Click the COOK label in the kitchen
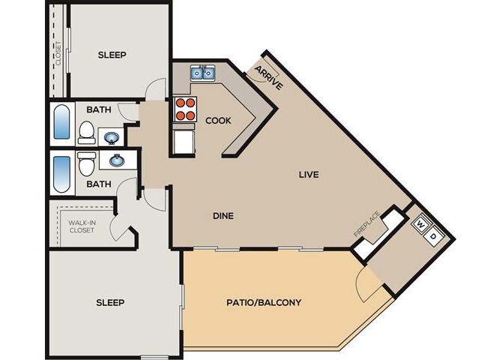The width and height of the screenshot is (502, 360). [218, 120]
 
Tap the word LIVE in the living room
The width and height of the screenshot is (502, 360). [309, 175]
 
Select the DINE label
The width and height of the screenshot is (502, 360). [223, 216]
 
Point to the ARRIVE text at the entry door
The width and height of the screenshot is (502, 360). [268, 77]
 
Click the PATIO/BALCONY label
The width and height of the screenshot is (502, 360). [264, 303]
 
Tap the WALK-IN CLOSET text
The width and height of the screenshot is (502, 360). [82, 226]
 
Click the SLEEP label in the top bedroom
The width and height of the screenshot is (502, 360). [112, 55]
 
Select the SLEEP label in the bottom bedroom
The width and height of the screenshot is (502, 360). [110, 302]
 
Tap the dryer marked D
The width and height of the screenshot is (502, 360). [434, 236]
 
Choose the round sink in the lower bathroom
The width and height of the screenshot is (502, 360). [117, 160]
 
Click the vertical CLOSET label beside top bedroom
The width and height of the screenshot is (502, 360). [58, 52]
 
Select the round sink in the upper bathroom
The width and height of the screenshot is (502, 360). [110, 138]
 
